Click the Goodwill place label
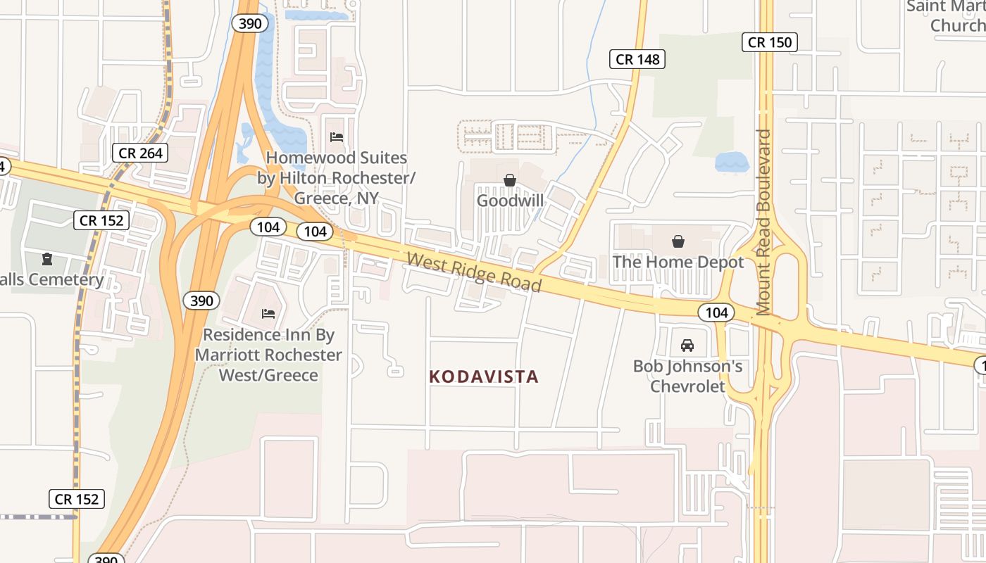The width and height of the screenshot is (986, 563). pos(510,201)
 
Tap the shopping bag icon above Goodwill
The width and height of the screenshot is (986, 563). pos(510,181)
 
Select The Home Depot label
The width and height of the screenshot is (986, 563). pos(678,262)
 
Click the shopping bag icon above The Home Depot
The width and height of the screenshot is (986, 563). pos(678,242)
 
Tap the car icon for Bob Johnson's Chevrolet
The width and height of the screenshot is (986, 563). pos(687,346)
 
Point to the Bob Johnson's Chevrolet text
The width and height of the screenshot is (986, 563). pos(687,377)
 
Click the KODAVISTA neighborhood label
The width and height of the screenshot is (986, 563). pos(484,377)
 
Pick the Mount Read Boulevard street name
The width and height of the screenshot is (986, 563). pos(763,222)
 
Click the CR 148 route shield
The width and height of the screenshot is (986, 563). pos(637,60)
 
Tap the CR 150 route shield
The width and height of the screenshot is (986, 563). pos(769,43)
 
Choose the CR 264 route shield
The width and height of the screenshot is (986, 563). pos(140,153)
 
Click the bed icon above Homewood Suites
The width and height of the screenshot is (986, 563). pos(337,137)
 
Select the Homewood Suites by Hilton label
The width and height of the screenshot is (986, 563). pos(337,178)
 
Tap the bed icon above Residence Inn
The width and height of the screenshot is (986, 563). pos(268,313)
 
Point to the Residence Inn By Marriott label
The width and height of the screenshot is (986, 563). pos(268,355)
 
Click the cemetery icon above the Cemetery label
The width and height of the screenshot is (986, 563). pos(47,259)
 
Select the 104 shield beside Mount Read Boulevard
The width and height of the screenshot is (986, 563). pos(717,312)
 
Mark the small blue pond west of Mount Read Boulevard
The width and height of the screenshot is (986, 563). pos(732,162)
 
